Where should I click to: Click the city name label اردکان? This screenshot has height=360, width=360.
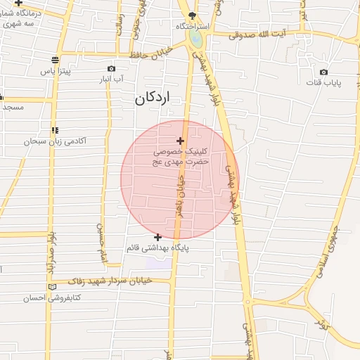coord(153,100)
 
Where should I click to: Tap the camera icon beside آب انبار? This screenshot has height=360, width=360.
coord(111,68)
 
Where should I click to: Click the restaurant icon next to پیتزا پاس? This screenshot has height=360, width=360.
coord(56,60)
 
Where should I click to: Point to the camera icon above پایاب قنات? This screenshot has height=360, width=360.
coord(323,72)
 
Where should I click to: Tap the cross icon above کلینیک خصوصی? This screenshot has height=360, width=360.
coord(181,141)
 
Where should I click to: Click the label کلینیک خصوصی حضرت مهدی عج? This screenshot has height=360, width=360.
coord(181,157)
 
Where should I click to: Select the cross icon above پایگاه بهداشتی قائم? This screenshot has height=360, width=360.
coord(158,237)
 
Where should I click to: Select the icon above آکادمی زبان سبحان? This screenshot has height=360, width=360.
coord(55,130)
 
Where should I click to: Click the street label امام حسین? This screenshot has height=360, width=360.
coord(103,240)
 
